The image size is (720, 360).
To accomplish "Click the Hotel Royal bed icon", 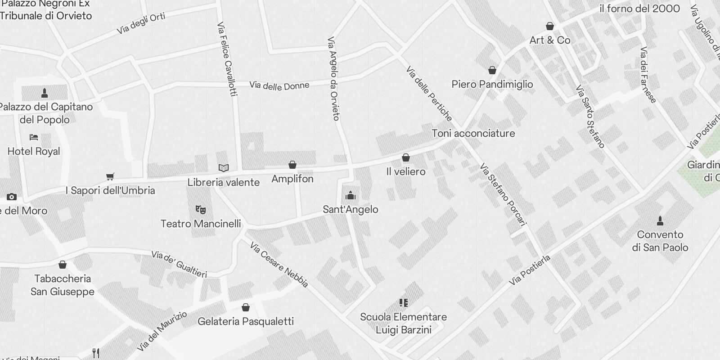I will tap(34, 137).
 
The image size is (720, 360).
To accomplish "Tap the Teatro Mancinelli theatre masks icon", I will tap(201, 209).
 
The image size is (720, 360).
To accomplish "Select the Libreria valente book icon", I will tap(224, 168).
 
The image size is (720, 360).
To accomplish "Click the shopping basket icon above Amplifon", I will tap(292, 165).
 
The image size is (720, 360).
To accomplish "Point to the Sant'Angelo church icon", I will tap(350, 195).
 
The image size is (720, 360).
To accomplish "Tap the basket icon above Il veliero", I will tap(405, 157).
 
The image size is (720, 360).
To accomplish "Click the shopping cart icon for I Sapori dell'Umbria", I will tap(110, 176).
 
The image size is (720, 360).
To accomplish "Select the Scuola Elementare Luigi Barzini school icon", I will tap(403, 302).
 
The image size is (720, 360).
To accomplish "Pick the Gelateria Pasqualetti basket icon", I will tap(246, 307).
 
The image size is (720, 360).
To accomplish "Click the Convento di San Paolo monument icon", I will tap(660, 220).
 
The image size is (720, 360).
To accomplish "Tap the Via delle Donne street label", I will tap(279, 85).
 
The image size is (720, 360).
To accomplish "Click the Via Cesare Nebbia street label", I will tap(279, 265).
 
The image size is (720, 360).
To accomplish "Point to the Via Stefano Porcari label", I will tap(503, 194).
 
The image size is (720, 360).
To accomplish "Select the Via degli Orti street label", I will tap(141, 23).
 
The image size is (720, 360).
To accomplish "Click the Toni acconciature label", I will tap(473, 133).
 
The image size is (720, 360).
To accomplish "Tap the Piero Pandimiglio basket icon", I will tap(492, 70).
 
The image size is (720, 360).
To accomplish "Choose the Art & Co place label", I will tap(549, 40).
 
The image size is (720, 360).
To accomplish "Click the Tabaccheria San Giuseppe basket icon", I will tap(63, 265).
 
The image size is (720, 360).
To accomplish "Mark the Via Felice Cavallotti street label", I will tap(226, 59).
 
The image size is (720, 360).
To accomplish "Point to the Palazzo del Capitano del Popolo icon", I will tap(45, 93).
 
